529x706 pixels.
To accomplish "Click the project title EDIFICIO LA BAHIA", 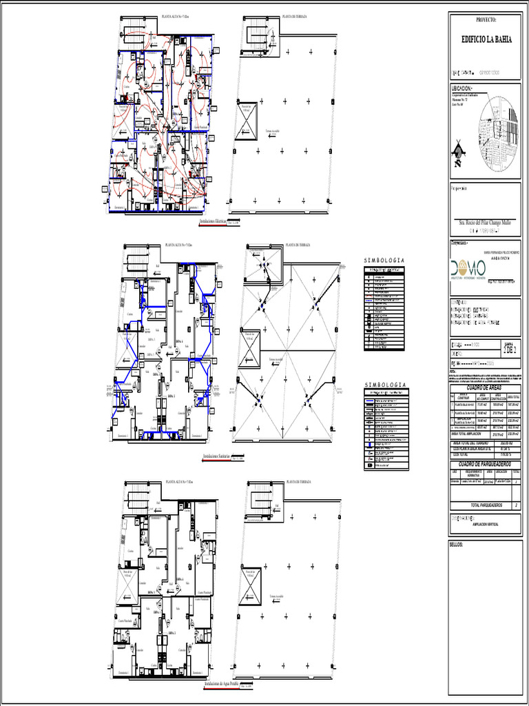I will click(x=486, y=40).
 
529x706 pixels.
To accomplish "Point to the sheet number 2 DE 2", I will click(x=510, y=350).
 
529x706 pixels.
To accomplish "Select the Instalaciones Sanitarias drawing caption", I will click(x=216, y=457).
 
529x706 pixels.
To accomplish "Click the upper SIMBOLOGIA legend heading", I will click(x=384, y=260).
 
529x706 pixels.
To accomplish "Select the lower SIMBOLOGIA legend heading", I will click(x=384, y=384).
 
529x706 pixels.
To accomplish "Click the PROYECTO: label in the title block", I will click(x=486, y=20).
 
